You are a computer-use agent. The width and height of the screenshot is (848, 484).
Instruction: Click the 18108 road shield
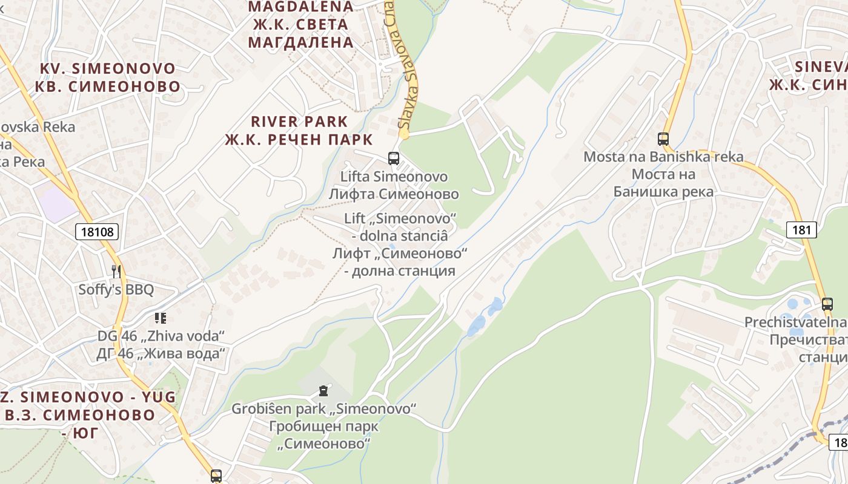pos(98,231)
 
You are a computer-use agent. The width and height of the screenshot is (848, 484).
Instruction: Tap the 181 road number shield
pos(802,230)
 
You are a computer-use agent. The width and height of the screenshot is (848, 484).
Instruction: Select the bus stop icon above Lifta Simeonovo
pos(394,159)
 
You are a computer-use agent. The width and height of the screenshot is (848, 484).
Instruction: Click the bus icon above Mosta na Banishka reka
pos(663,139)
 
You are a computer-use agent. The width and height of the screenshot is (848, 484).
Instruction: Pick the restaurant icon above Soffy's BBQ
pos(116,272)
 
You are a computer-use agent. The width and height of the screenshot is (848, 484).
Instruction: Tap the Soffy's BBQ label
pos(116,289)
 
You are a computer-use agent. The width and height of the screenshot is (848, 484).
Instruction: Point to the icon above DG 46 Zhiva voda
pos(161,318)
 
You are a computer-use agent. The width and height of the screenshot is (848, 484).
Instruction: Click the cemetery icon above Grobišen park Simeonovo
pos(323,391)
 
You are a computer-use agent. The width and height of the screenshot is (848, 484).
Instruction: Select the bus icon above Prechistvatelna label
pos(827,304)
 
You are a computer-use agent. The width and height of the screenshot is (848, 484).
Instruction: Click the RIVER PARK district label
pos(299,122)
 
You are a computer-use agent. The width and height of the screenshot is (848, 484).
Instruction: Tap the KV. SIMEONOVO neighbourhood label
pos(107,68)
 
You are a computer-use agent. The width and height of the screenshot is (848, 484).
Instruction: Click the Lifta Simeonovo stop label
pos(394,177)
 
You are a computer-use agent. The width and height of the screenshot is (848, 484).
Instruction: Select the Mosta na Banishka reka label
pos(663,157)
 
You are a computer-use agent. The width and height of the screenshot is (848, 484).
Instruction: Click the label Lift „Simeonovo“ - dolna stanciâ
pos(400,226)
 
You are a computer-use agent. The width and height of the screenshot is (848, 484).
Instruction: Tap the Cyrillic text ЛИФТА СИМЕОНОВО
pos(394,194)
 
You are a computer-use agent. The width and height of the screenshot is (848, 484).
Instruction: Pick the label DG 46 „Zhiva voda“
pos(161,336)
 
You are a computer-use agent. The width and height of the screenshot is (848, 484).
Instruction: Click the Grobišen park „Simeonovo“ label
pos(323,409)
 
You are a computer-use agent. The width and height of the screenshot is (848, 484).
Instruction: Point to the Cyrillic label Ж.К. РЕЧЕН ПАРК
pos(299,140)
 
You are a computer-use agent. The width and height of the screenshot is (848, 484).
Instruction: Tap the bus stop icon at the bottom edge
pos(216,476)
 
